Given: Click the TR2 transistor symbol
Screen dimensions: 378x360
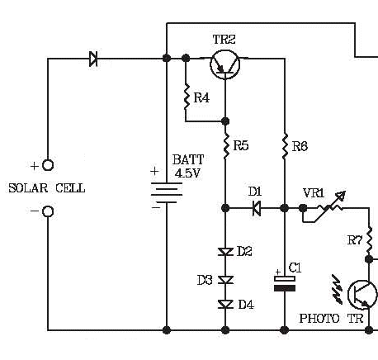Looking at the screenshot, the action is click(x=225, y=65).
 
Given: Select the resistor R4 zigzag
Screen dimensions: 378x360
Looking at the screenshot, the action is click(x=187, y=97).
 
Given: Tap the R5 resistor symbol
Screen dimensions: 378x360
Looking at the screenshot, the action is click(x=226, y=146).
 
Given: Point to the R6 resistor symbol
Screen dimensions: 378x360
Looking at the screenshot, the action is click(x=285, y=146).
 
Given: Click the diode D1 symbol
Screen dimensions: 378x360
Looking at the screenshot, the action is click(x=257, y=208).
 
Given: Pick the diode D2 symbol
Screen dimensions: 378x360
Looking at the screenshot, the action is click(x=225, y=252).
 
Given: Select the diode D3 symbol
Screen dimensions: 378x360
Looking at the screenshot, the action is click(x=225, y=280).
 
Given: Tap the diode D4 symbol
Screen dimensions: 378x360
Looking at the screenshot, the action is click(x=225, y=304).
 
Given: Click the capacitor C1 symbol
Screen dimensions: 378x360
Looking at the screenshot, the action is click(x=285, y=283).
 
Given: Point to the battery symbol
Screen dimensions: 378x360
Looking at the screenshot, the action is click(x=167, y=192).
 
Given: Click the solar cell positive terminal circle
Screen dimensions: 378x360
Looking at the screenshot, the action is click(x=48, y=165).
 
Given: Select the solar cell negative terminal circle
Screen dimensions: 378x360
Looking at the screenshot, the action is click(x=48, y=211).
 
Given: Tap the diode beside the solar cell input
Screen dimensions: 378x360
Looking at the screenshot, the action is click(x=93, y=59).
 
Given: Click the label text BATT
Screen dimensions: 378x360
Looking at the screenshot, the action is click(x=188, y=159).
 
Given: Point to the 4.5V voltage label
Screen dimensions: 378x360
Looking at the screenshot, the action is click(x=187, y=173).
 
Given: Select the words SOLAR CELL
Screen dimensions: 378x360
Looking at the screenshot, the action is click(x=47, y=188).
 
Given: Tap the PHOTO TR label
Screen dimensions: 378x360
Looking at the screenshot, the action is click(x=331, y=319).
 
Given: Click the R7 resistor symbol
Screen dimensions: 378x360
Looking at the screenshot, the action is click(x=370, y=239).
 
